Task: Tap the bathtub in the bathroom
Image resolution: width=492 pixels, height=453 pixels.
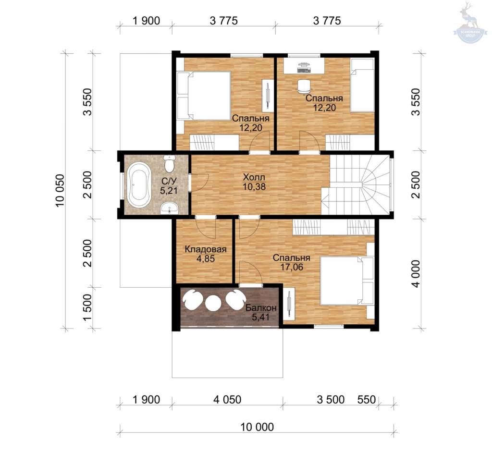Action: [x=139, y=185]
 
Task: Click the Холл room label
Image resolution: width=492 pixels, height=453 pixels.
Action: [x=254, y=177]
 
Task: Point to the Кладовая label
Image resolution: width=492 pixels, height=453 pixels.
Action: [x=206, y=249]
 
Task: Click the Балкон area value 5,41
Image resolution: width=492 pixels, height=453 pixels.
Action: [x=261, y=317]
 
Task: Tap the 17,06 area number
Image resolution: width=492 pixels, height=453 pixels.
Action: [x=292, y=267]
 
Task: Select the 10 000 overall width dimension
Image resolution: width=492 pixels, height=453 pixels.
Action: [x=257, y=427]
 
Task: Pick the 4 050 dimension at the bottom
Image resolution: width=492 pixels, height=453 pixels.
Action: [x=227, y=400]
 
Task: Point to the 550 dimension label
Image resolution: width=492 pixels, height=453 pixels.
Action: [x=367, y=400]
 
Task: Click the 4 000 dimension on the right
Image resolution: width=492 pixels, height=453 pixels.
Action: [x=416, y=273]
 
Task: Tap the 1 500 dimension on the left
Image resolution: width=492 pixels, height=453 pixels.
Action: [x=87, y=307]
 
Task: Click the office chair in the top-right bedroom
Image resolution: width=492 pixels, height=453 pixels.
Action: [x=304, y=86]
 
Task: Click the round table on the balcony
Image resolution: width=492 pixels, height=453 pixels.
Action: [x=213, y=303]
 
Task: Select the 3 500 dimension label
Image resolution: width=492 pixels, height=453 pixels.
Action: [x=331, y=400]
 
